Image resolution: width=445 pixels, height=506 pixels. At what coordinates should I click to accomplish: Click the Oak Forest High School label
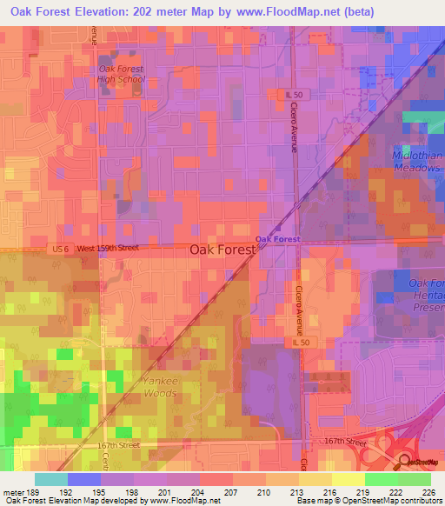click(121, 74)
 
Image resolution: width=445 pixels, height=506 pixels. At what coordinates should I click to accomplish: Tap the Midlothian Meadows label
click(416, 162)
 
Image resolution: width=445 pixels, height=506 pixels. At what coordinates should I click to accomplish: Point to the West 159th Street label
click(108, 250)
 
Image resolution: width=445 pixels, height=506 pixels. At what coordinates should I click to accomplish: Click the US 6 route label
click(59, 250)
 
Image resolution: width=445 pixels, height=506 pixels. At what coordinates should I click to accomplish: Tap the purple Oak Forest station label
click(277, 239)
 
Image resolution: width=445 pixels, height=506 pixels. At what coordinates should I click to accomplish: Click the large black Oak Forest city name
click(222, 250)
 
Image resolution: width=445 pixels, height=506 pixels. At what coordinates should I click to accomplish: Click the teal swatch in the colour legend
click(50, 480)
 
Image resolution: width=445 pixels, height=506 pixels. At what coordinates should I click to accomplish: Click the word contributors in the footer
click(418, 500)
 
